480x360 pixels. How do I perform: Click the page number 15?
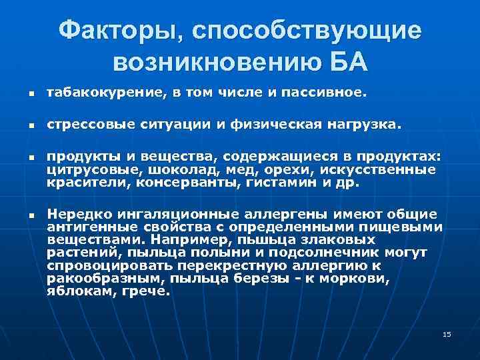(447, 333)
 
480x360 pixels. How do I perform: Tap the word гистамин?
(275, 181)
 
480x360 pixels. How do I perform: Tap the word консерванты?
(187, 181)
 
